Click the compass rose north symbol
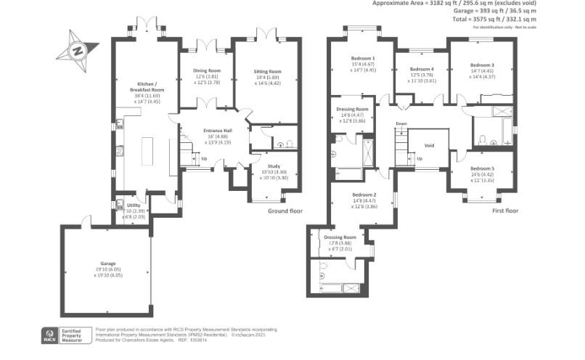(x=75, y=51)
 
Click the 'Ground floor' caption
(x=285, y=211)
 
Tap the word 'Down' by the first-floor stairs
(x=401, y=123)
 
